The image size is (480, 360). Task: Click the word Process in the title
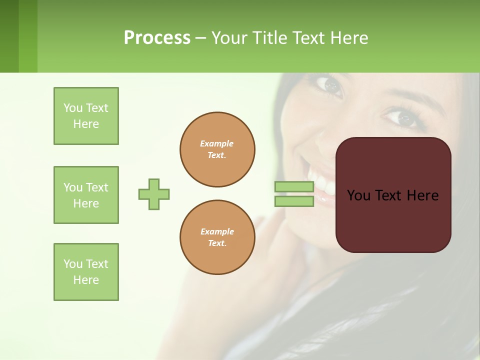(157, 38)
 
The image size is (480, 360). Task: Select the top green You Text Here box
(86, 116)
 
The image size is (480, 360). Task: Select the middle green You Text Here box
(86, 195)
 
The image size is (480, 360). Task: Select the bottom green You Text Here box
(86, 272)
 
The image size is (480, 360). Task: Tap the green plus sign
(154, 194)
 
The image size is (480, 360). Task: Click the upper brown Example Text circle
(217, 149)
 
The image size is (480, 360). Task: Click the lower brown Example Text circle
(217, 237)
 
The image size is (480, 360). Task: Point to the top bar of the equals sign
(294, 187)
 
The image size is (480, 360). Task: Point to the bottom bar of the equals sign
(294, 201)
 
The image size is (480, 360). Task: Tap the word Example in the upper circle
(217, 143)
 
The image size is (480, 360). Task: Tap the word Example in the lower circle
(217, 231)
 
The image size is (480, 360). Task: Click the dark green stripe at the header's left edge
(9, 36)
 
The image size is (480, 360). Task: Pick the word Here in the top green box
(86, 124)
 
